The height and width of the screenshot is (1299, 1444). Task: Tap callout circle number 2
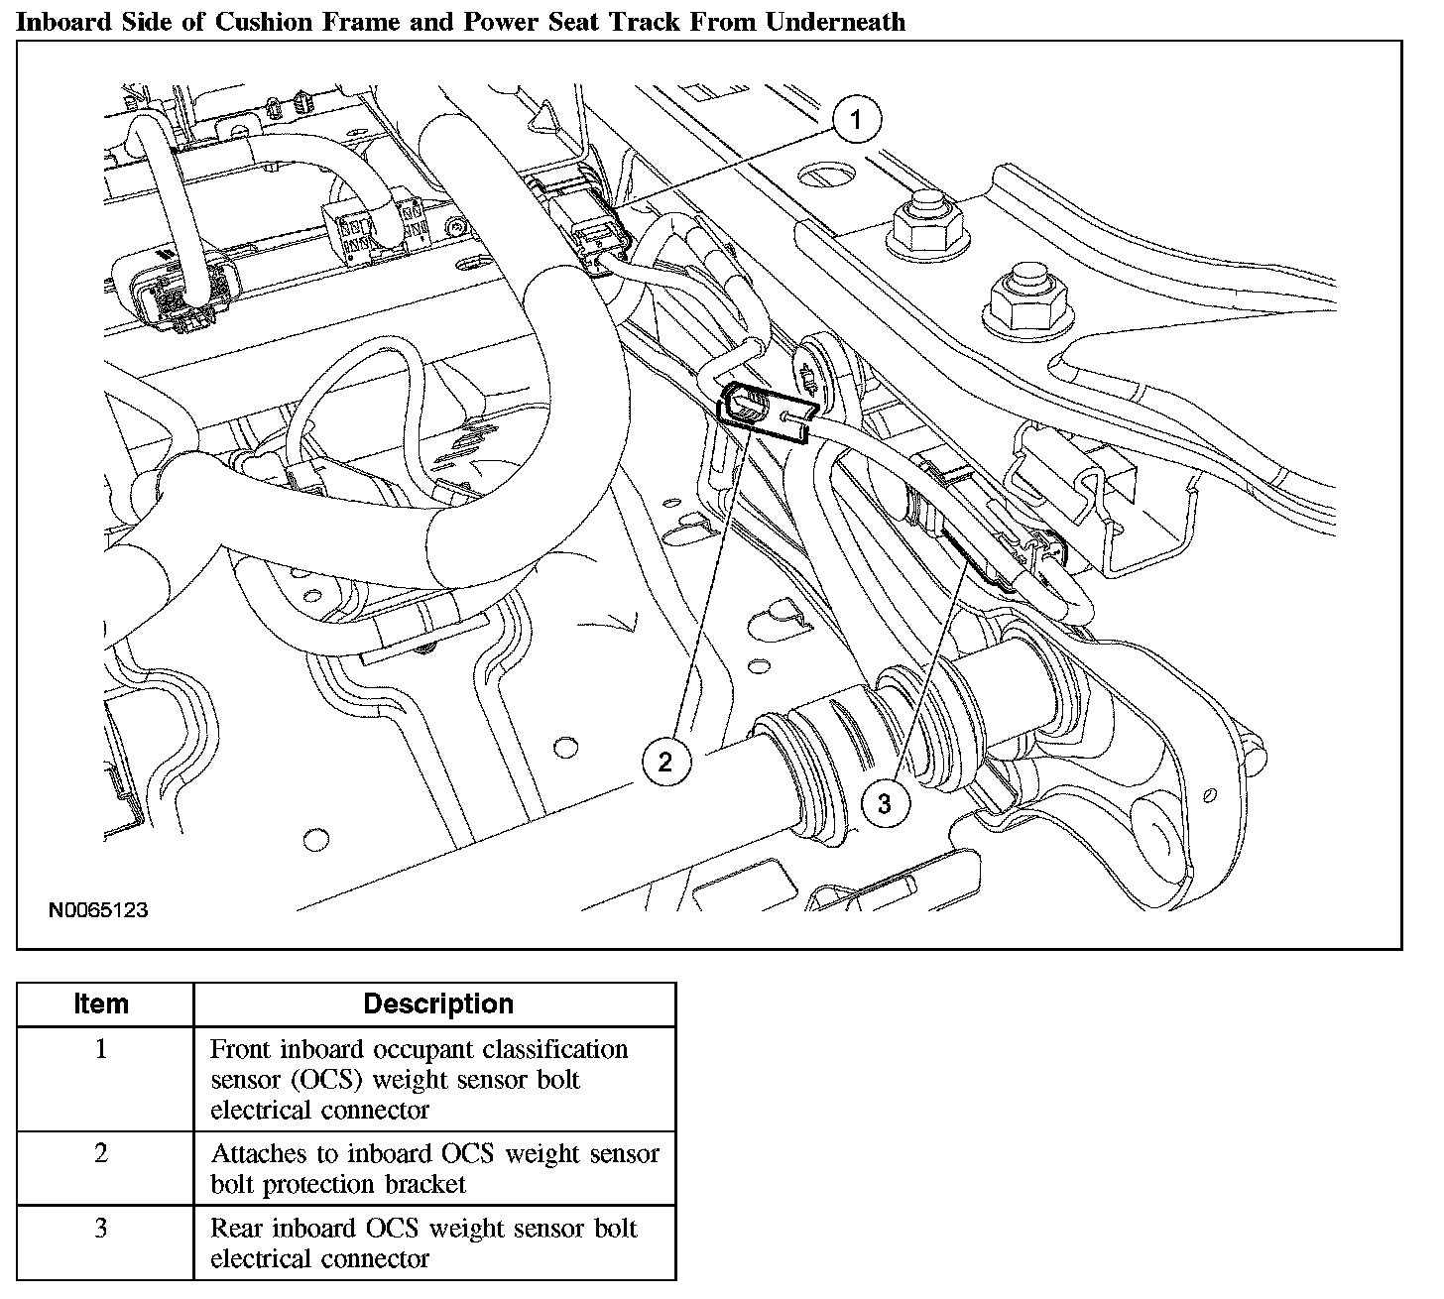click(664, 761)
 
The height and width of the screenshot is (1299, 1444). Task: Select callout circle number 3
click(884, 803)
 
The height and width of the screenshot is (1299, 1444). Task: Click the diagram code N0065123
click(98, 909)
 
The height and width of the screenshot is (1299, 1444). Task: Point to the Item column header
click(101, 1004)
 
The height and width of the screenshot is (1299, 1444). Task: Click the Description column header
click(437, 1004)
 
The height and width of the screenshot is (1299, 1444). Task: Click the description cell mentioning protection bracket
click(434, 1168)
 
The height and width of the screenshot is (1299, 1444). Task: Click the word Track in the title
click(649, 22)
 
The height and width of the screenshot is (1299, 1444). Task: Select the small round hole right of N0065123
click(315, 841)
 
